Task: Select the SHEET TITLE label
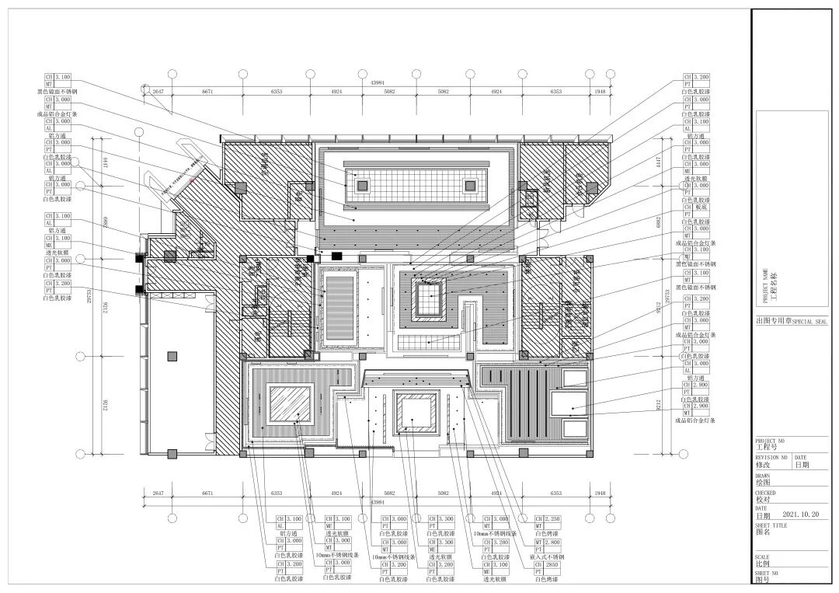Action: point(772,525)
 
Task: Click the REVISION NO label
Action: point(771,458)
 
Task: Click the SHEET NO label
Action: point(767,573)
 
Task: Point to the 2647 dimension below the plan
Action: point(158,494)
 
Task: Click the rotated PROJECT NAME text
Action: point(765,286)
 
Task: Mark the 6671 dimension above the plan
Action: point(207,92)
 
